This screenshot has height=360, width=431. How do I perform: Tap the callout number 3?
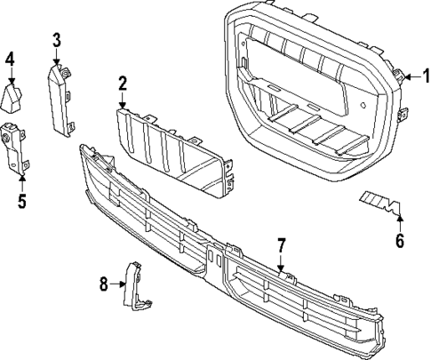click(x=56, y=39)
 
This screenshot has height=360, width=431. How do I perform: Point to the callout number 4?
click(x=10, y=60)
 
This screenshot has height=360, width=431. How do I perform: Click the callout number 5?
click(x=22, y=200)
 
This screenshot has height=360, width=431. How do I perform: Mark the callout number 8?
click(x=105, y=284)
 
